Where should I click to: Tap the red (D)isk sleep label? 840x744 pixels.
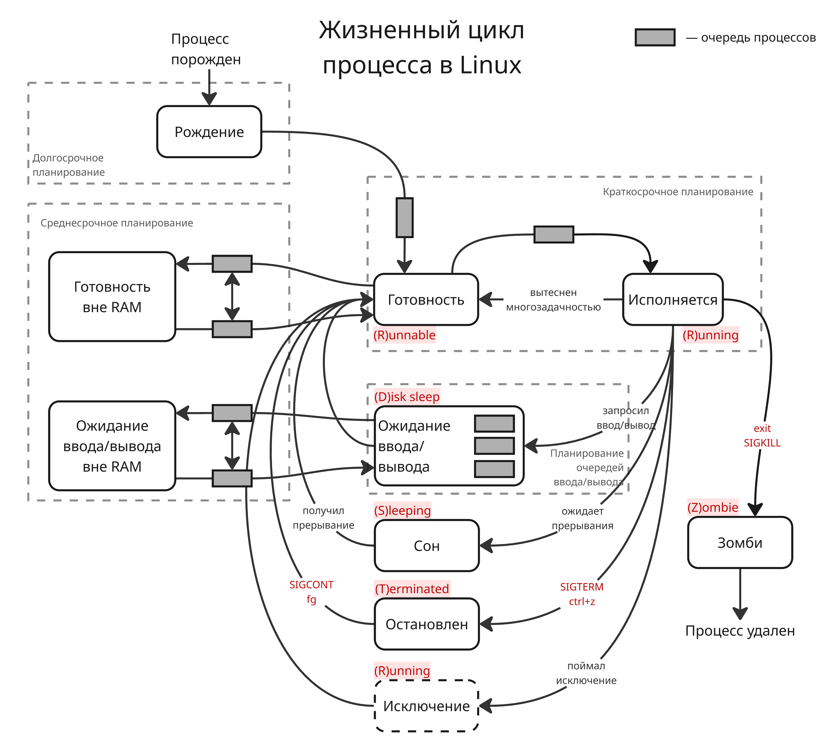(x=407, y=397)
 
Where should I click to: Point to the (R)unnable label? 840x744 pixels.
(x=404, y=335)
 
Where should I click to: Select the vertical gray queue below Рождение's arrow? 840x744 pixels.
(x=404, y=217)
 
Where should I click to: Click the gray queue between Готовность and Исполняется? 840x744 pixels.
(x=553, y=234)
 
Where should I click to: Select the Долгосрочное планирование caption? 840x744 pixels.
(x=68, y=165)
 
